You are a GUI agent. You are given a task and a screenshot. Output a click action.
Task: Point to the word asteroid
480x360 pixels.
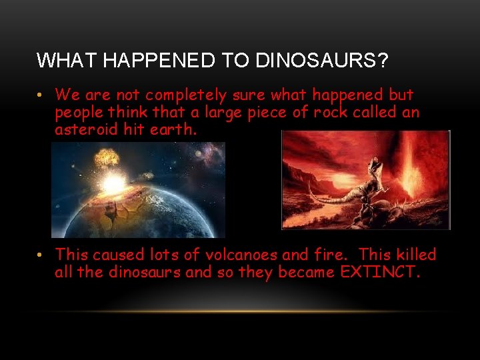point(87,129)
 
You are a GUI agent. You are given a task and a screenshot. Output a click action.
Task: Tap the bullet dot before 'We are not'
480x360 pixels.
point(41,95)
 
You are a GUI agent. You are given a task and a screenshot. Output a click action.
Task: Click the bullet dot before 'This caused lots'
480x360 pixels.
point(41,254)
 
